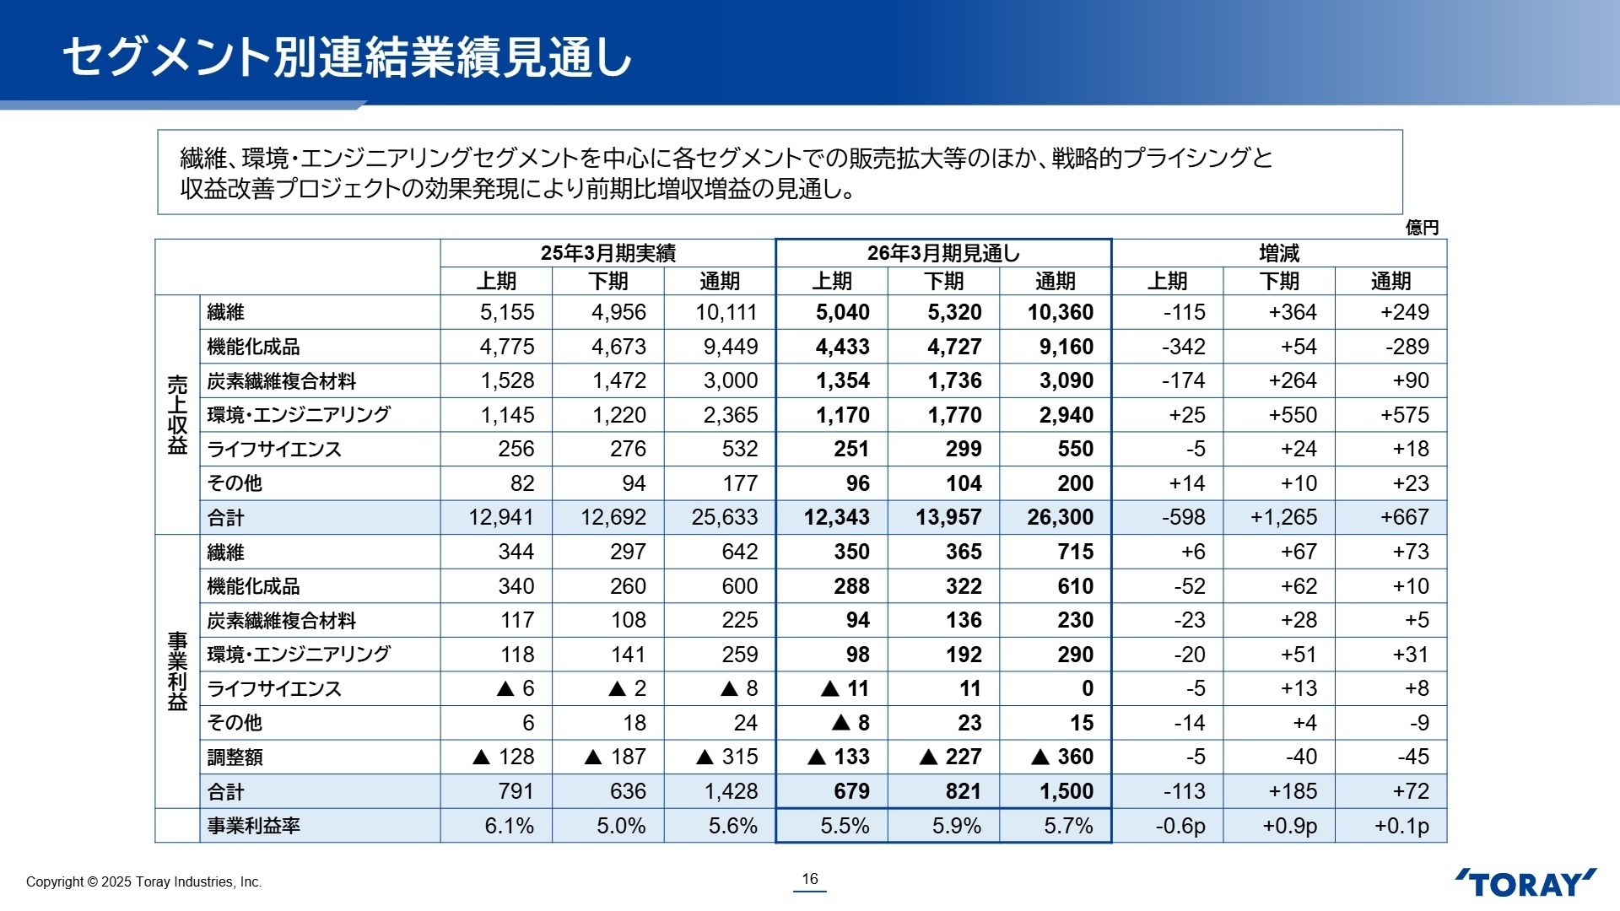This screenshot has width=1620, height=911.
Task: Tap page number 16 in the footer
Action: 810,879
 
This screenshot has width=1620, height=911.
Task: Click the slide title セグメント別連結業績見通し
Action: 347,57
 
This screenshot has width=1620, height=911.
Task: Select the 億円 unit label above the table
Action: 1422,228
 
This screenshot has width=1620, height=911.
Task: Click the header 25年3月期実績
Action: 607,253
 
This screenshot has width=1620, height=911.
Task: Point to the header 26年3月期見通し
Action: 943,253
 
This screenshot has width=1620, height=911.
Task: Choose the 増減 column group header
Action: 1279,253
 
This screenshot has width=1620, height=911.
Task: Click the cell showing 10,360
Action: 1060,312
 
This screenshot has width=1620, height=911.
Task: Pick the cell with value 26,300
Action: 1060,517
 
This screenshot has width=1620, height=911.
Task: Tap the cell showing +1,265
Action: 1283,517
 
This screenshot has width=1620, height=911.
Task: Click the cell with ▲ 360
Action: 1062,757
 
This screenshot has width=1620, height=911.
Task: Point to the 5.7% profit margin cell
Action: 1068,826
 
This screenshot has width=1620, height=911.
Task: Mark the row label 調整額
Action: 235,757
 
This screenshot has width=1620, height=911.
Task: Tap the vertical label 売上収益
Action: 177,414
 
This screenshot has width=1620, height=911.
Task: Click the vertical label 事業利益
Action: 177,671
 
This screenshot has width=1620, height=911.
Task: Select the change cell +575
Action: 1404,415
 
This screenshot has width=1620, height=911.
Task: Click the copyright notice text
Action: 143,881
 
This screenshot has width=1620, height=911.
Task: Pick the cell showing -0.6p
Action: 1180,826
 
